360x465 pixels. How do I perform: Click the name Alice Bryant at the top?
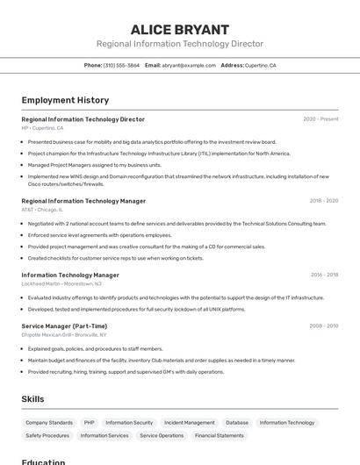[180, 29]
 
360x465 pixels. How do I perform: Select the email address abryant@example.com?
[189, 65]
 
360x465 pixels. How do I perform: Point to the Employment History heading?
[65, 100]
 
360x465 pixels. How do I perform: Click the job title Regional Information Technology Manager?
[83, 201]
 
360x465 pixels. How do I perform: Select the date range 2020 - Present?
[320, 119]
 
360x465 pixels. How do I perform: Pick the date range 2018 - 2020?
[323, 201]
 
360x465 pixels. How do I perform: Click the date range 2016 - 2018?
[324, 275]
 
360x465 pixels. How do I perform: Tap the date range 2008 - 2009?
[323, 325]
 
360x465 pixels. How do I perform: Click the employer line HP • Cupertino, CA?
[42, 128]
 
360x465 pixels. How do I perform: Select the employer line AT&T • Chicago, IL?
[41, 210]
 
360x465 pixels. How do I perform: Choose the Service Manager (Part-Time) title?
[64, 325]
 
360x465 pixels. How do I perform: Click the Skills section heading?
[32, 399]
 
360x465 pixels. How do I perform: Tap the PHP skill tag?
[89, 423]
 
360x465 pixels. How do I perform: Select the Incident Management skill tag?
[189, 423]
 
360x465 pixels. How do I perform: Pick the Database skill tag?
[237, 423]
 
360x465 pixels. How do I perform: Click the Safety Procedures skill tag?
[47, 435]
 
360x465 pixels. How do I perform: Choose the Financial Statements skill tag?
[220, 435]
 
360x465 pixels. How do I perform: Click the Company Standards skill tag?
[49, 423]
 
